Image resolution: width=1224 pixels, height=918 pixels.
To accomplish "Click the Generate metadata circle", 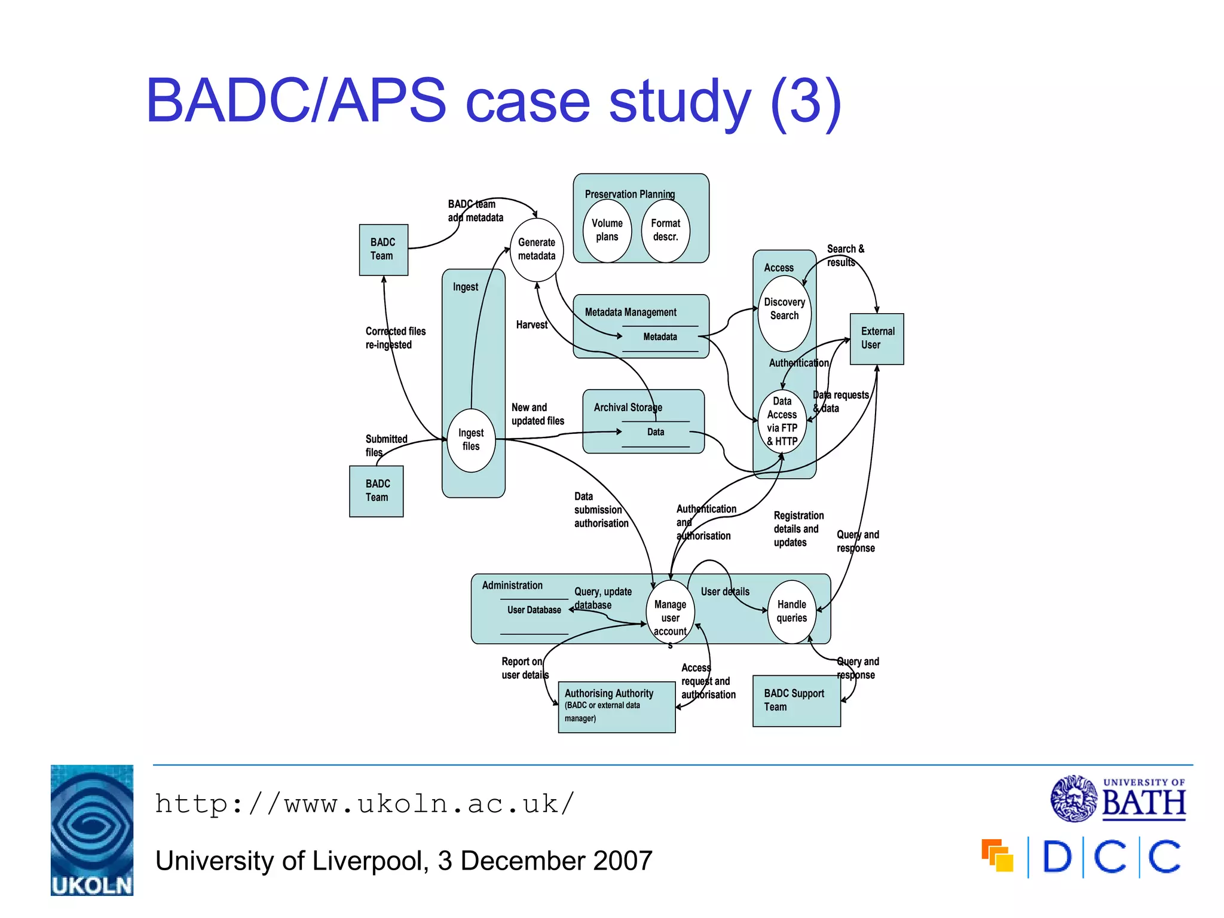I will [536, 249].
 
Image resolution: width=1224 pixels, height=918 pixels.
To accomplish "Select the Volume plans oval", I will [607, 230].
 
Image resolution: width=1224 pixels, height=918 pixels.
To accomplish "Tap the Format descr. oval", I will [665, 230].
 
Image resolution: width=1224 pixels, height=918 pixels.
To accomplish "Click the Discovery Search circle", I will [784, 313].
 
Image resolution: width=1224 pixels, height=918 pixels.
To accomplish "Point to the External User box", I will [877, 338].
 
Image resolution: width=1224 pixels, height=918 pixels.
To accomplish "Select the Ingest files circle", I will [472, 440].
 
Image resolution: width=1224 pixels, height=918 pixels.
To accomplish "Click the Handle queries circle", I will [791, 611].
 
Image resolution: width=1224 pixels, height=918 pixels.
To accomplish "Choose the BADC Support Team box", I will [796, 700].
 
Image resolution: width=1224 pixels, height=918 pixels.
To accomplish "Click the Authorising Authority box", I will [616, 706].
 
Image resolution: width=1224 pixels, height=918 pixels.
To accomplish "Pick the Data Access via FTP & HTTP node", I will [782, 422].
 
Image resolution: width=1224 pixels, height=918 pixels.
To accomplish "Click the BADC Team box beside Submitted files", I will [377, 491].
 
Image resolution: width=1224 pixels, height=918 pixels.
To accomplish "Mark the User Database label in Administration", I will [534, 610].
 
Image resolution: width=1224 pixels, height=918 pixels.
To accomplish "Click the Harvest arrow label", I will [531, 325].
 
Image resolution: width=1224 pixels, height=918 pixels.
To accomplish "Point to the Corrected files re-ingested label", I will [395, 338].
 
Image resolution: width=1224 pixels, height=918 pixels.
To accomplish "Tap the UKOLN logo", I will [92, 830].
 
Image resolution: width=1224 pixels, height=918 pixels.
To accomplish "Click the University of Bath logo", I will [1118, 798].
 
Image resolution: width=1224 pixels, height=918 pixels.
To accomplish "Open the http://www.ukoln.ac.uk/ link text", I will [365, 804].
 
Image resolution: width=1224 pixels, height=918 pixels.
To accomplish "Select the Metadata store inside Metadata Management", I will [660, 337].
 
